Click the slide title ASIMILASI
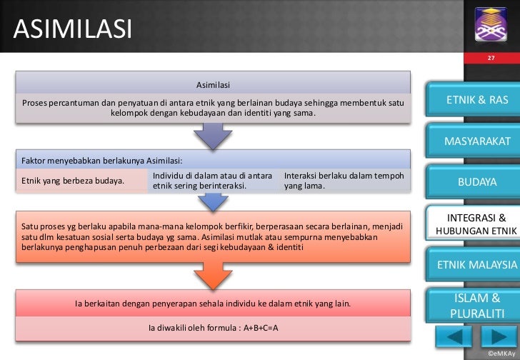tap(72, 29)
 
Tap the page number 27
tap(491, 58)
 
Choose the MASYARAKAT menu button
tap(477, 141)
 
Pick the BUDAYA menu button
tap(477, 182)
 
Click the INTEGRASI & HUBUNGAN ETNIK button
tap(477, 224)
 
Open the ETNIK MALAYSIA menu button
tap(477, 265)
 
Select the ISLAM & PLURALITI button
tap(477, 306)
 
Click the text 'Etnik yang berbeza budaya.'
tap(73, 181)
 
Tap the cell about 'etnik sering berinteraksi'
tap(212, 181)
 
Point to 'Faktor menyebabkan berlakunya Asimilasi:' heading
tap(103, 159)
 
